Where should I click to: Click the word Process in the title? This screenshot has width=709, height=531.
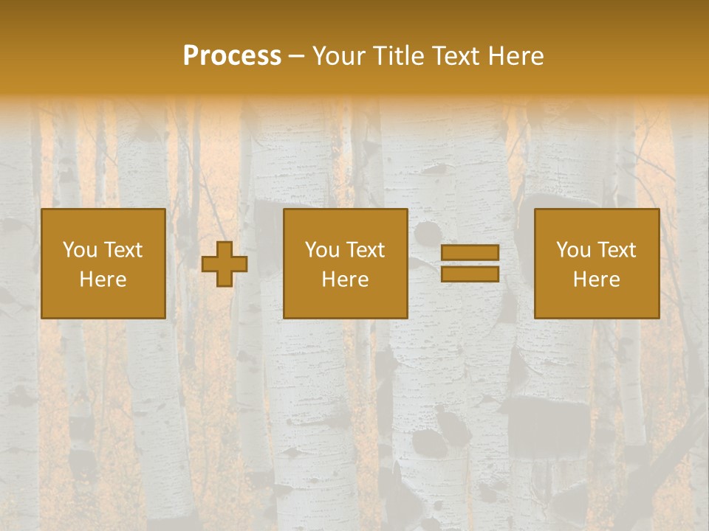pyautogui.click(x=232, y=56)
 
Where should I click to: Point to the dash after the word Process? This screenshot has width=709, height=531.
pyautogui.click(x=297, y=56)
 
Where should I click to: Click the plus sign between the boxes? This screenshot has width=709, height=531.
pyautogui.click(x=225, y=263)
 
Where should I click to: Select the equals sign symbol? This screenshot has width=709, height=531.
pyautogui.click(x=470, y=263)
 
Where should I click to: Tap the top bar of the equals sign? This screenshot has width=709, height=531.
pyautogui.click(x=470, y=253)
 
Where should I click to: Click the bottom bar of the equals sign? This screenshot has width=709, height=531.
pyautogui.click(x=470, y=274)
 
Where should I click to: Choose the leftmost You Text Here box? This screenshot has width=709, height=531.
pyautogui.click(x=103, y=263)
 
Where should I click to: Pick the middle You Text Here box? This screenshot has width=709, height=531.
pyautogui.click(x=346, y=263)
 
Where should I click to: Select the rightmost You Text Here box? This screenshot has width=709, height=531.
pyautogui.click(x=597, y=263)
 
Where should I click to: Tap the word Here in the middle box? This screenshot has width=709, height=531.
pyautogui.click(x=346, y=279)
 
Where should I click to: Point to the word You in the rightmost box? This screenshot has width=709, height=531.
pyautogui.click(x=574, y=250)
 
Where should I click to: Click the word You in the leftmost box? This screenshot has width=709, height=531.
pyautogui.click(x=81, y=250)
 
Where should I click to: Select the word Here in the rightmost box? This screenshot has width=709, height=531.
pyautogui.click(x=597, y=279)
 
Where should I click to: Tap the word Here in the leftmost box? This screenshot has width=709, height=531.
pyautogui.click(x=103, y=279)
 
